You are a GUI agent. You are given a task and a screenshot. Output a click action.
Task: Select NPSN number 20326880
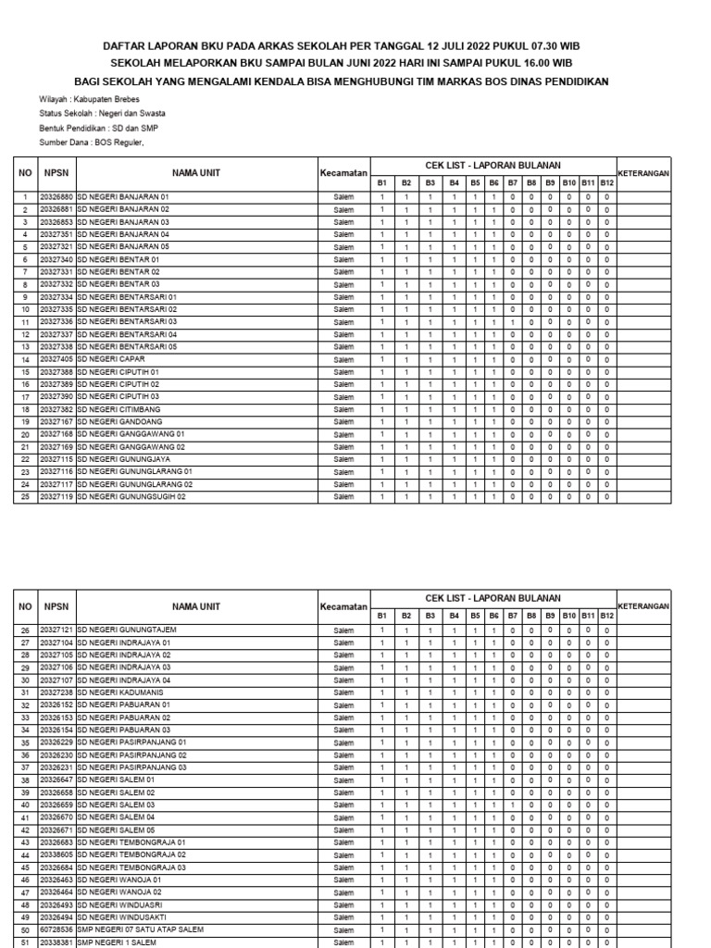56,197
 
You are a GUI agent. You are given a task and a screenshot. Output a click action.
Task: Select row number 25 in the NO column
26,496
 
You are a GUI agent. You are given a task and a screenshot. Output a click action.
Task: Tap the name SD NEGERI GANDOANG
117,421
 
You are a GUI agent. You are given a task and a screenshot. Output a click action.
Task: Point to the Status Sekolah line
94,112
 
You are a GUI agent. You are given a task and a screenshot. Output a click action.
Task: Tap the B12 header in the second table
606,616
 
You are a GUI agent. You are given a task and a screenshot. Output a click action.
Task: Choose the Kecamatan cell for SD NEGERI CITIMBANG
343,409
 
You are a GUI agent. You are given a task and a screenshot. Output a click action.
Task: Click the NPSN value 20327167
56,421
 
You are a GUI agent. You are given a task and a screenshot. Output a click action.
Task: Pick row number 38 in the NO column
26,780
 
